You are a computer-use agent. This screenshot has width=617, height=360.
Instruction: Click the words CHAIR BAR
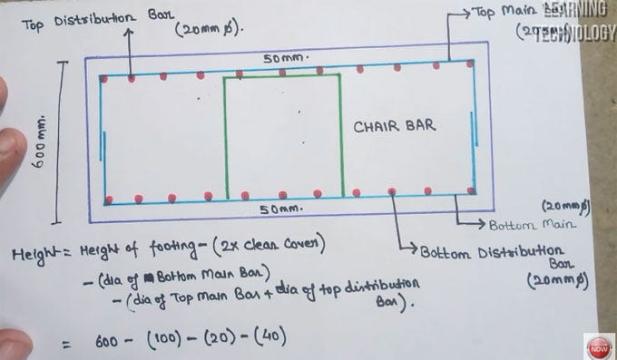tap(395, 126)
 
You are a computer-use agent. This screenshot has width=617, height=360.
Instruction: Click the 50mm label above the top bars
tap(286, 57)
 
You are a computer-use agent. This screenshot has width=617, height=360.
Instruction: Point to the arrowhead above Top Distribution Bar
tap(131, 34)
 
